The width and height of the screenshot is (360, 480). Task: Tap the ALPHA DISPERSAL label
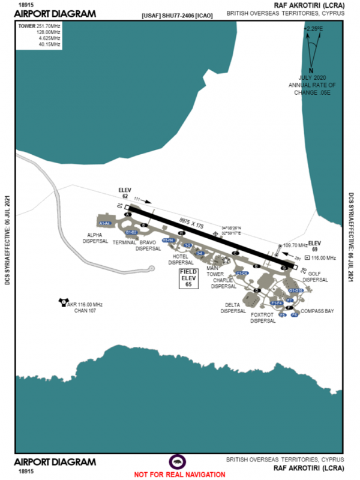pyautogui.click(x=95, y=238)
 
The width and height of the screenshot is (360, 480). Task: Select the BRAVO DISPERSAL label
pyautogui.click(x=149, y=245)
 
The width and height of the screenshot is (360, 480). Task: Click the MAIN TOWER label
pyautogui.click(x=215, y=271)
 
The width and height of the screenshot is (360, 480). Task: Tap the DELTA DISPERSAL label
pyautogui.click(x=233, y=308)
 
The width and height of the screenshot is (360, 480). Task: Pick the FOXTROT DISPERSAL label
pyautogui.click(x=263, y=317)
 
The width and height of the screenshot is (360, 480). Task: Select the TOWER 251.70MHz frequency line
pyautogui.click(x=40, y=27)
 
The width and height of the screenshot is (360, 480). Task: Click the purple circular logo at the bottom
pyautogui.click(x=178, y=461)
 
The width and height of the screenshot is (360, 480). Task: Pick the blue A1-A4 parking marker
pyautogui.click(x=106, y=223)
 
